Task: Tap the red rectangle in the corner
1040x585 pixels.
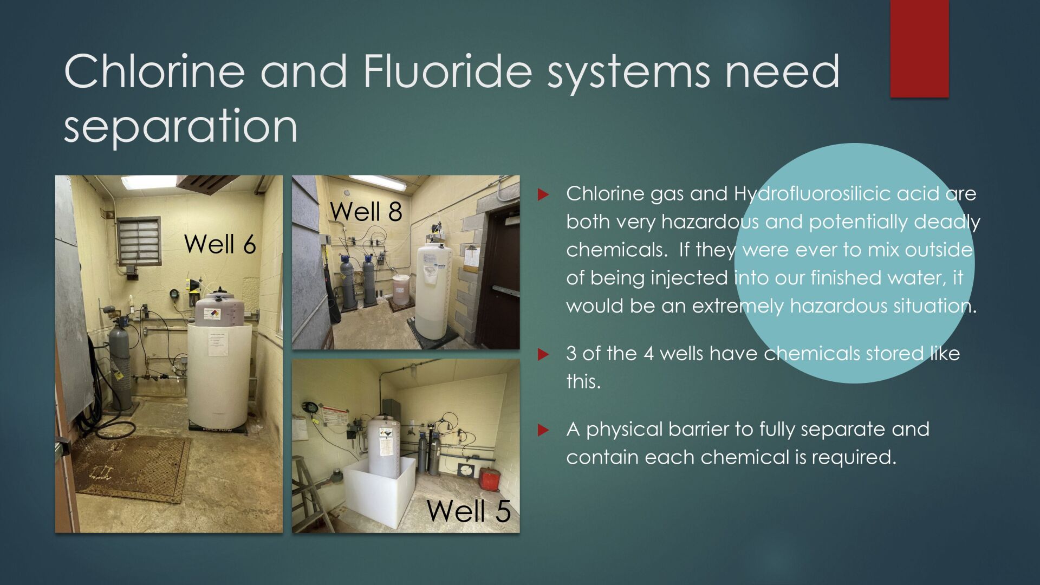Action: [919, 49]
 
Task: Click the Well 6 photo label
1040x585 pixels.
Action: [220, 244]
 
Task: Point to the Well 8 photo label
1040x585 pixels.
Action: [366, 211]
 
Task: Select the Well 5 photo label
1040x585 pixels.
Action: [469, 511]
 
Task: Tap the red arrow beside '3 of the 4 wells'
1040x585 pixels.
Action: [543, 355]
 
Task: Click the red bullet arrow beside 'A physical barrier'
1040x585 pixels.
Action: [543, 431]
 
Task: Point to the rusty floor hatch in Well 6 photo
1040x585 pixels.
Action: [130, 469]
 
